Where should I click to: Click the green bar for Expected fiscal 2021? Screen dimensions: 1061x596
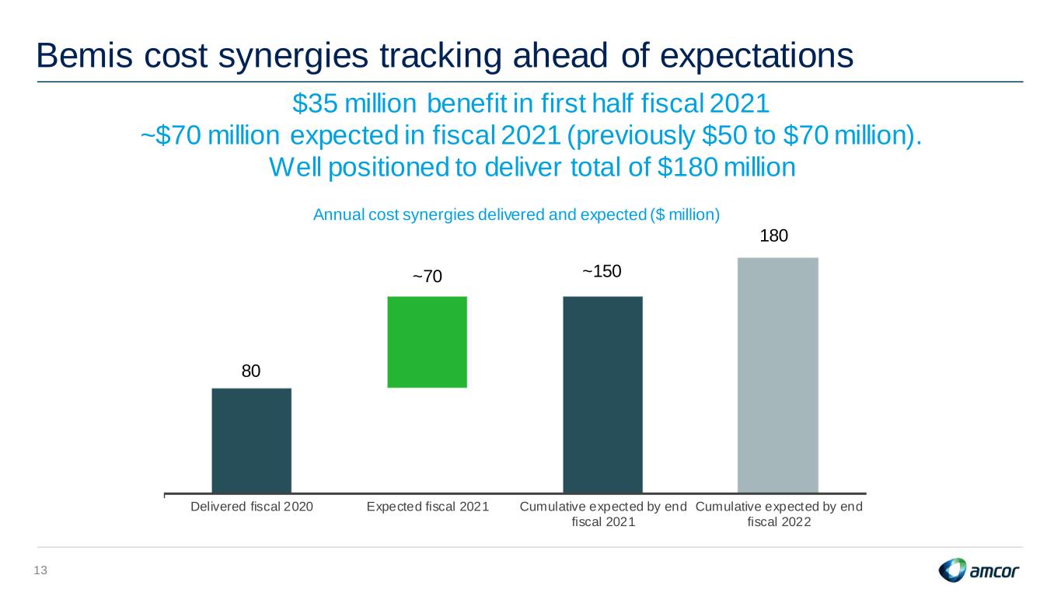coord(427,342)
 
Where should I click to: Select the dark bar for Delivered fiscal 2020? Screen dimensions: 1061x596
coord(252,441)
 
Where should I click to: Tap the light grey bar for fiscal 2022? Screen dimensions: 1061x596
coord(778,375)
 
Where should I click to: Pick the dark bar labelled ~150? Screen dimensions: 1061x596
coord(602,394)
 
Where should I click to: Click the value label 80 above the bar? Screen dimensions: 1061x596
coord(251,371)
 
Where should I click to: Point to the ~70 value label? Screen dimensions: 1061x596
coord(428,276)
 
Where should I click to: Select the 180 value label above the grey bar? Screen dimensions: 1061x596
coord(773,235)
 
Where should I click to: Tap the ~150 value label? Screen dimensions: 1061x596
coord(602,271)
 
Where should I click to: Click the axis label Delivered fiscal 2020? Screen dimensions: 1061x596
coord(252,507)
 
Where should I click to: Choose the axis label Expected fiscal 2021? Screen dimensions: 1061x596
coord(428,507)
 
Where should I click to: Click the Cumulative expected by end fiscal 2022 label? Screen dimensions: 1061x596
coord(779,514)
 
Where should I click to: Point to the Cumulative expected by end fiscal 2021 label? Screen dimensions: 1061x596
coord(603,514)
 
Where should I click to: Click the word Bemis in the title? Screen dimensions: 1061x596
coord(84,55)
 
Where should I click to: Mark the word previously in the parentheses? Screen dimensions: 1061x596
coord(630,136)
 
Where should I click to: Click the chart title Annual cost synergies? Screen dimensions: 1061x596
coord(516,215)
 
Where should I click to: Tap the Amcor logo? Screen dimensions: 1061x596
coord(979,570)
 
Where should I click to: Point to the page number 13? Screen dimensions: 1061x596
coord(40,570)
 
